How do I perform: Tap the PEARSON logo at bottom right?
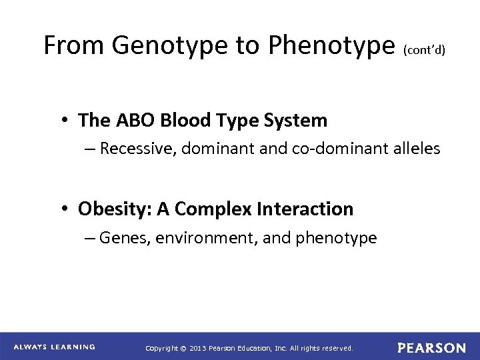click(431, 347)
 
